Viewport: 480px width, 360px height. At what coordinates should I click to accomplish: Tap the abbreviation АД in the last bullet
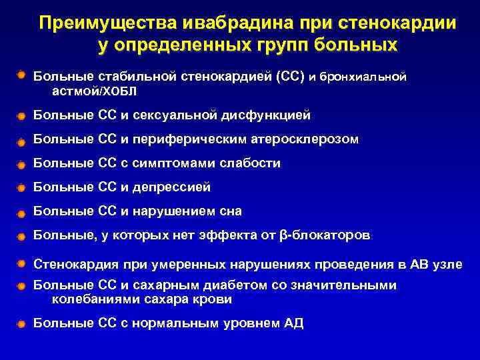click(x=294, y=323)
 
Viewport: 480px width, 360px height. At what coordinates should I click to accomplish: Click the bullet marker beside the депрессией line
click(x=22, y=188)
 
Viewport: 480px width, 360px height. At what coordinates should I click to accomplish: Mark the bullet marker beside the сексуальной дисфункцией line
click(x=22, y=116)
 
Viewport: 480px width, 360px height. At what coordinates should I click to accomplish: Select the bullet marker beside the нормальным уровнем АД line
click(x=22, y=324)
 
